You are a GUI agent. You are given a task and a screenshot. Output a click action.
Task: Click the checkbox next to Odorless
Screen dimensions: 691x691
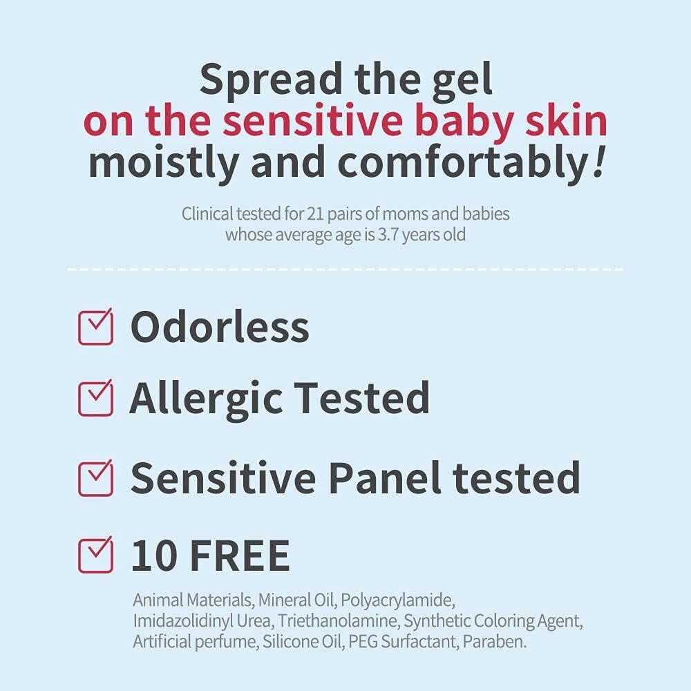click(95, 328)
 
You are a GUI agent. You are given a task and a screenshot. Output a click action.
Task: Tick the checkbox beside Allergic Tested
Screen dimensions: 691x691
click(95, 398)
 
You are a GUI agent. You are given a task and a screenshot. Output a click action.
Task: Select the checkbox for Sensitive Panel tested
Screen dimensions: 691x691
click(95, 476)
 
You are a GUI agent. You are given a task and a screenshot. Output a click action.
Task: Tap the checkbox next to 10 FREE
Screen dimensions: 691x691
click(95, 555)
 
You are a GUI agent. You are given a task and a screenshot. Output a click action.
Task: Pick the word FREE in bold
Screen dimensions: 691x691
click(239, 555)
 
